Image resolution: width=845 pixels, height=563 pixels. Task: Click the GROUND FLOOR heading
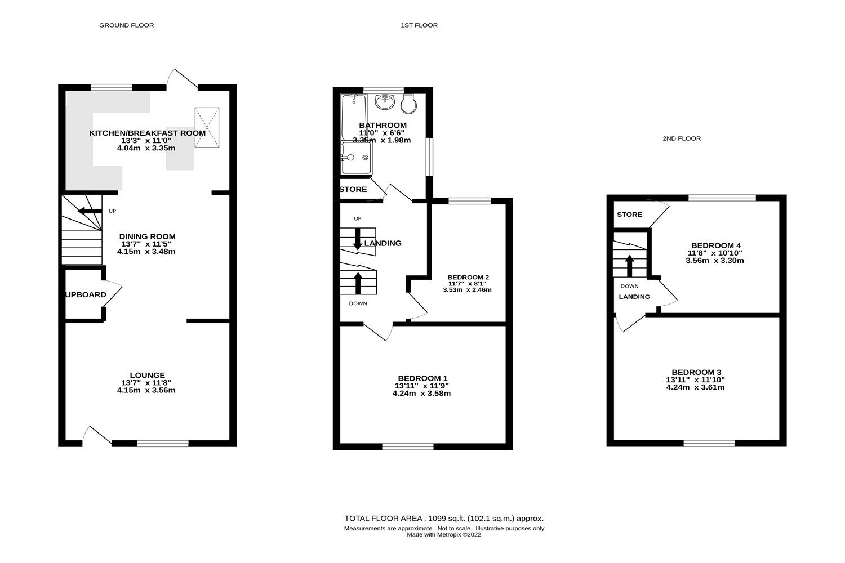point(126,25)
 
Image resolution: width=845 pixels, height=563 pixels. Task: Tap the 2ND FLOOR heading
point(681,138)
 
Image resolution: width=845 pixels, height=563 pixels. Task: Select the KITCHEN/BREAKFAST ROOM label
point(146,133)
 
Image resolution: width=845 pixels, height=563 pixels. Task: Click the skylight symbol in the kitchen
point(207,127)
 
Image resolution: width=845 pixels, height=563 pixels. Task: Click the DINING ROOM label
point(147,236)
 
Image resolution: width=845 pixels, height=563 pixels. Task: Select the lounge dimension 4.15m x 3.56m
point(146,390)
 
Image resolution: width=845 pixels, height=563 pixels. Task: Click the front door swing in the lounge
point(91,435)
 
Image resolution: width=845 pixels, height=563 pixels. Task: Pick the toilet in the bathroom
point(408,102)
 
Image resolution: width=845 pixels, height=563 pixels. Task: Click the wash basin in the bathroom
point(386,101)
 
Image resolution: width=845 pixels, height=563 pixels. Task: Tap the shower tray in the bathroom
point(356,158)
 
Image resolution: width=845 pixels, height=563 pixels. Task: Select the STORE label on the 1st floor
point(353,190)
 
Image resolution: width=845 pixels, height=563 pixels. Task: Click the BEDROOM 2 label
point(468,277)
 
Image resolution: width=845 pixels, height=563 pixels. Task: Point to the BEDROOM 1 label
point(422,378)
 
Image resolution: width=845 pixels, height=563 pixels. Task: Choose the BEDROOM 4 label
point(715,245)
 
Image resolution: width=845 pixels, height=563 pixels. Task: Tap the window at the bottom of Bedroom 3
point(709,443)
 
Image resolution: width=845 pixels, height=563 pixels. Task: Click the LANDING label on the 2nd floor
point(634,297)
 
